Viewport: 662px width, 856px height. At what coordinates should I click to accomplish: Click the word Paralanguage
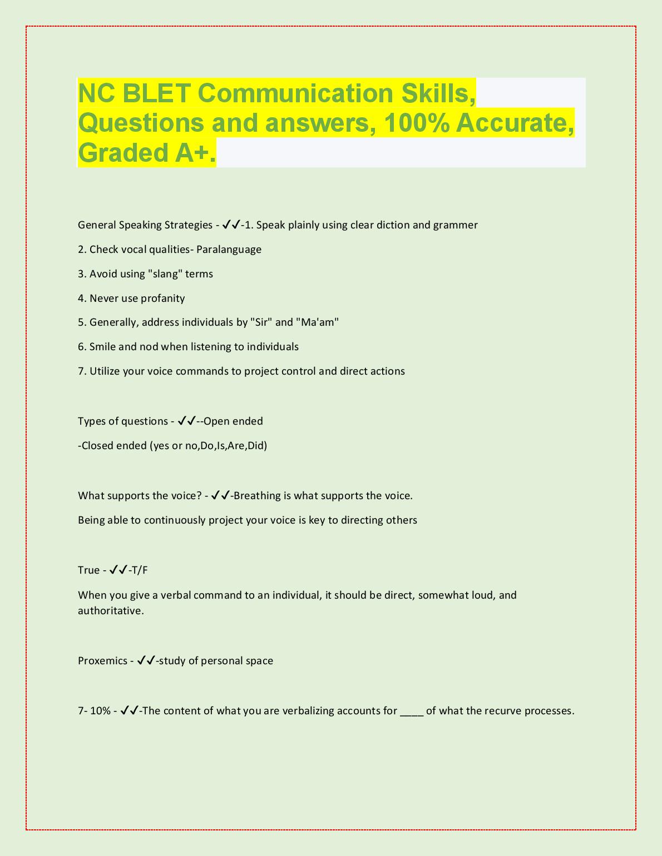pos(229,250)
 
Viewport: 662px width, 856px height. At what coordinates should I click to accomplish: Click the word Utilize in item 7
pos(105,371)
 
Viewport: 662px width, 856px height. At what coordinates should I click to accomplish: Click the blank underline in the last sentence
pos(412,711)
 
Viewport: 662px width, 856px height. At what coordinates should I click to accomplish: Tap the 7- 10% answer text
pos(94,711)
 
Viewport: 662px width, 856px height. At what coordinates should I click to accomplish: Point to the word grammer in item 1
pos(455,225)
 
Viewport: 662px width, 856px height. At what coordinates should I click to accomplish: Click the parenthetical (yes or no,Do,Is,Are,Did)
pos(208,446)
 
